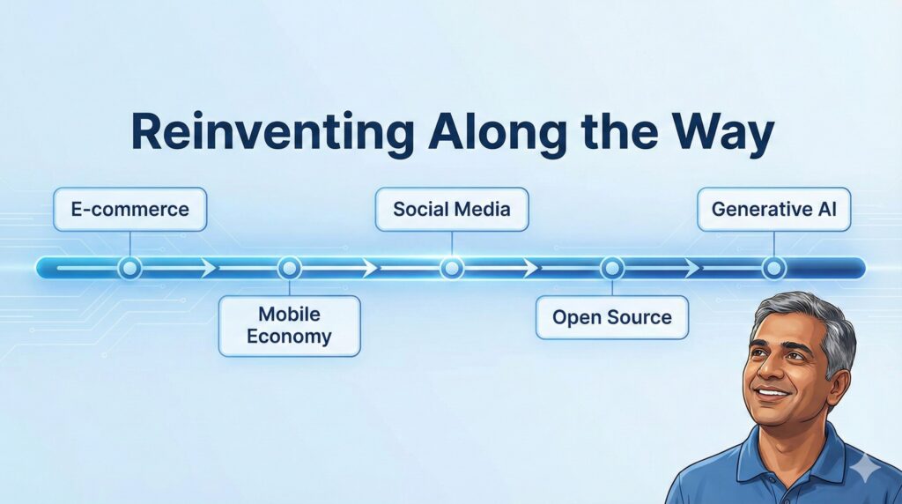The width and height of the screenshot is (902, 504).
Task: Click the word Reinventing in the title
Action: click(272, 133)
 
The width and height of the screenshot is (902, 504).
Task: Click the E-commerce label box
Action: click(130, 210)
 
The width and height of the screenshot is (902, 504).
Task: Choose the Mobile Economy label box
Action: click(289, 326)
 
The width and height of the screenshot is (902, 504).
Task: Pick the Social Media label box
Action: click(452, 210)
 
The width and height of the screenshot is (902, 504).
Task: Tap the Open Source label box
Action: click(612, 317)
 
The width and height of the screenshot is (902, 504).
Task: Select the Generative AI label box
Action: click(773, 210)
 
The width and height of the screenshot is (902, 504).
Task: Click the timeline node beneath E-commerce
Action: click(130, 268)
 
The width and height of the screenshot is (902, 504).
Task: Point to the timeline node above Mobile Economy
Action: click(289, 268)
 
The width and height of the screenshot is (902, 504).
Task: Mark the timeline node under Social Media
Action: click(452, 268)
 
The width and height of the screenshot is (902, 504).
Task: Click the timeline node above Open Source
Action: click(612, 268)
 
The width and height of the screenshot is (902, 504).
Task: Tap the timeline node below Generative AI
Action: click(773, 268)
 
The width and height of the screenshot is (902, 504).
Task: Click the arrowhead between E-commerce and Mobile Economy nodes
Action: click(209, 268)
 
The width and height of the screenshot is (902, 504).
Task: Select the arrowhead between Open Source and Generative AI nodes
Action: click(692, 268)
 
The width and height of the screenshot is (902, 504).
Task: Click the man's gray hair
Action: click(817, 322)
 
